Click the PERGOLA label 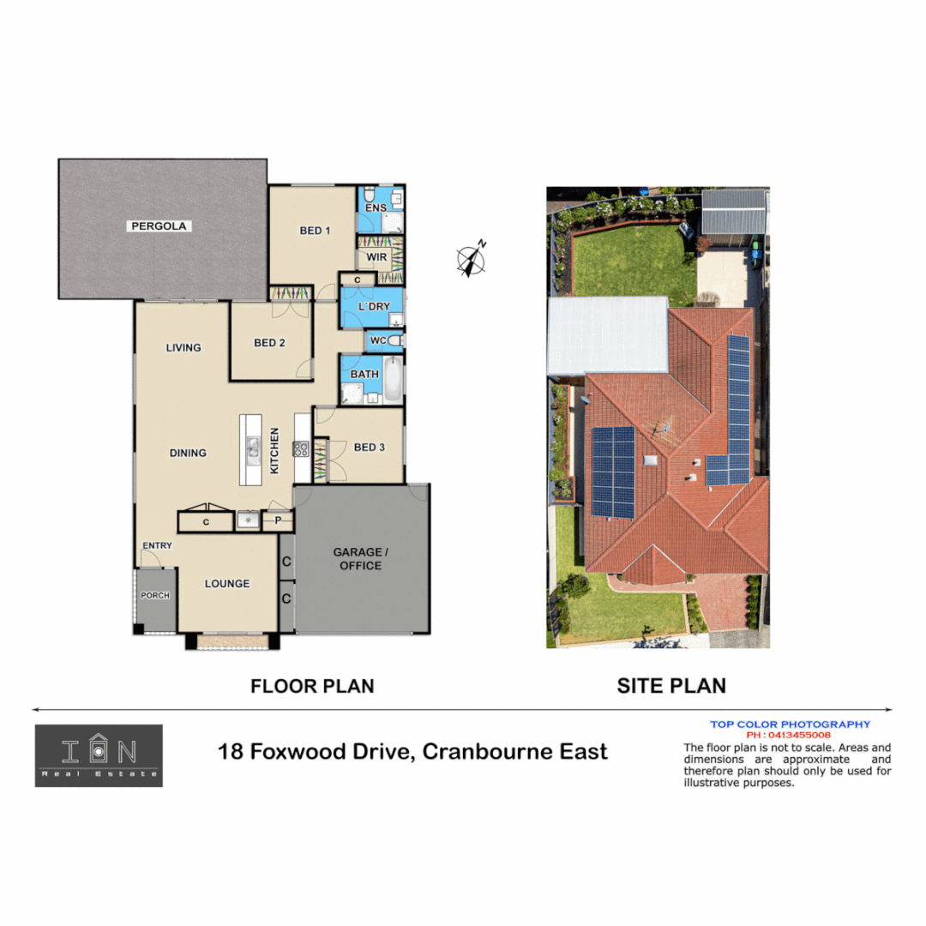point(159,226)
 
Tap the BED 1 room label point(315,231)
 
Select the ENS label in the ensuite point(376,208)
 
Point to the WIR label point(377,257)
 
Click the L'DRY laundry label point(374,307)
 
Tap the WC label point(378,341)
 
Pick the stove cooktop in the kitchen point(301,448)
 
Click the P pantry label point(278,520)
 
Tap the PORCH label point(155,596)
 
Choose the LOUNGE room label point(227,584)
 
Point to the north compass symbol point(471,260)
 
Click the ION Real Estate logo point(99,755)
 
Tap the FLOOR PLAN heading point(312,686)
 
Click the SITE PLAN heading point(671,686)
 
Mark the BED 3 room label point(370,448)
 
